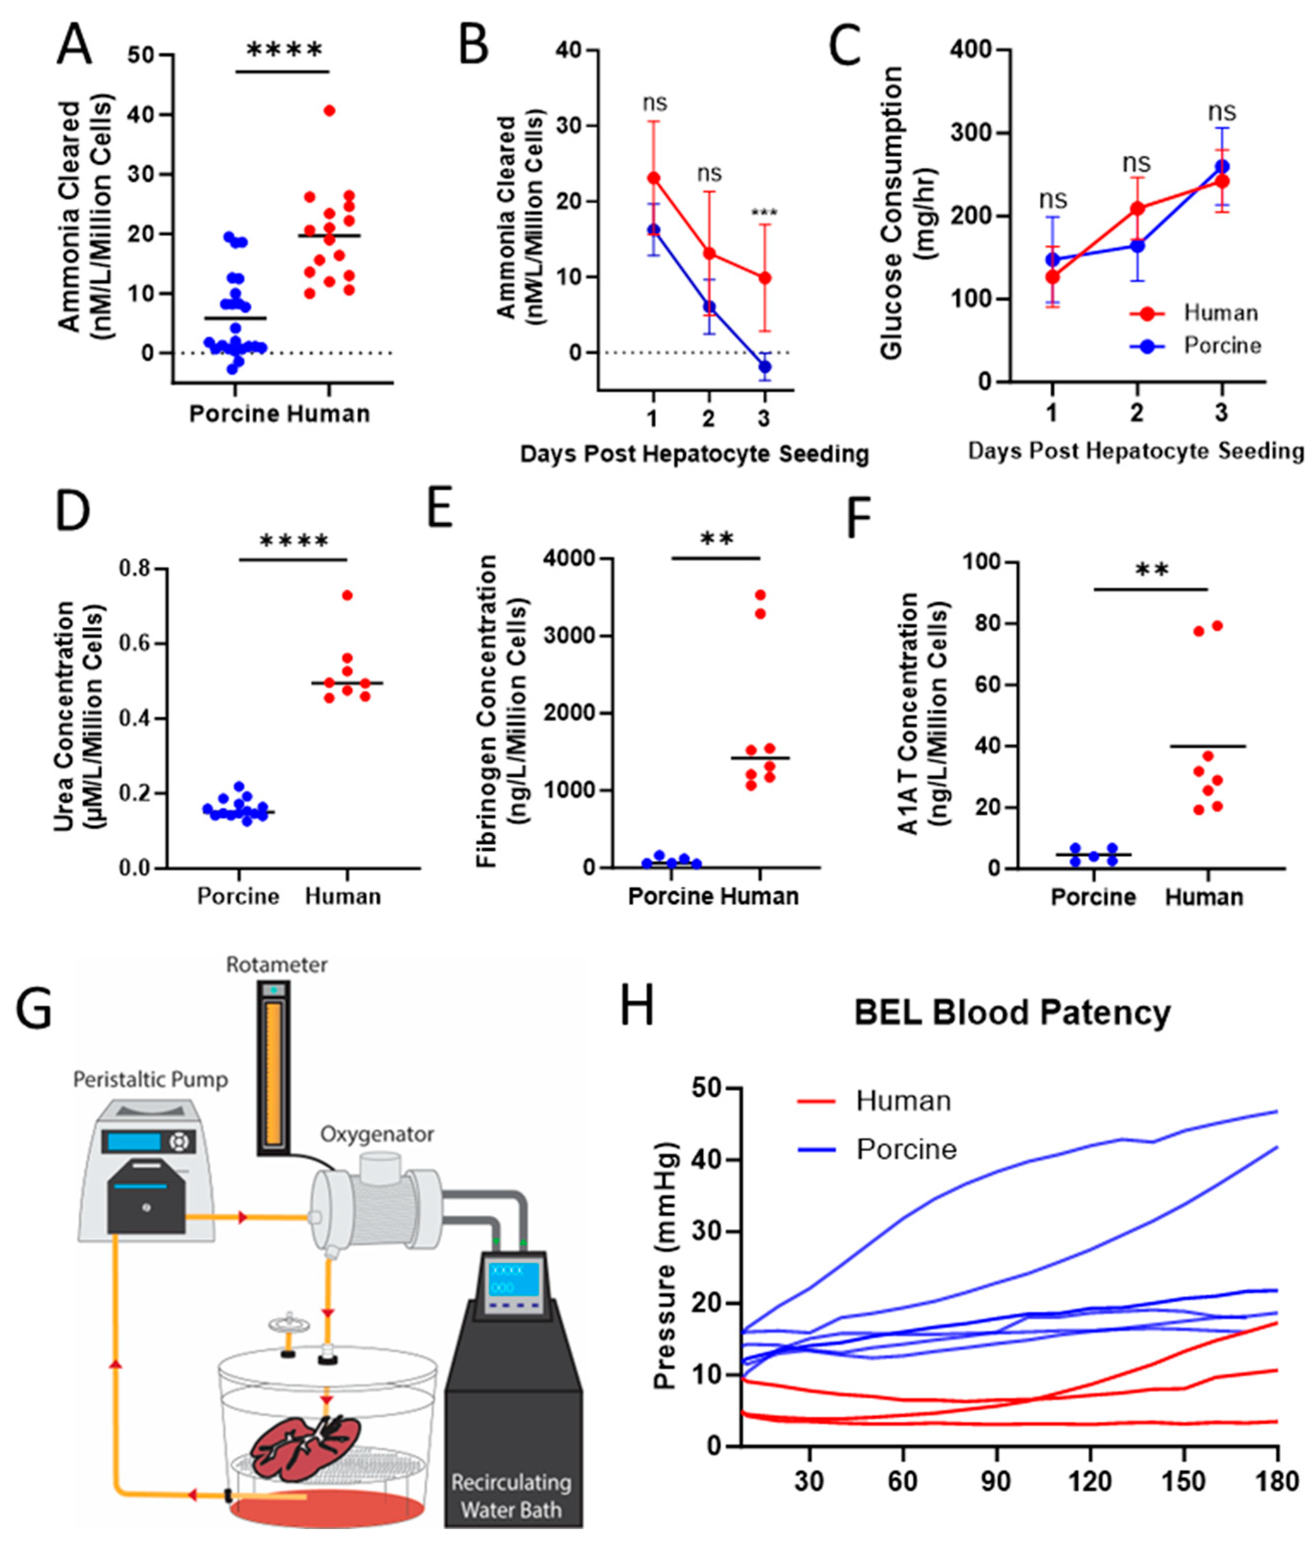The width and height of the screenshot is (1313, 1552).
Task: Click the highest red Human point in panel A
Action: pyautogui.click(x=330, y=111)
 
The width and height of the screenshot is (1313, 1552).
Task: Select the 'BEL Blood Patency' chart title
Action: pyautogui.click(x=1012, y=1012)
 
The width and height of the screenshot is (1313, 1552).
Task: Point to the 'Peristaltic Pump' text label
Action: pyautogui.click(x=150, y=1079)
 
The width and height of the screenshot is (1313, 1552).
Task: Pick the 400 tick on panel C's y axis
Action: pyautogui.click(x=972, y=50)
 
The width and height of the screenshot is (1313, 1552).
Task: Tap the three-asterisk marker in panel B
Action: pyautogui.click(x=765, y=214)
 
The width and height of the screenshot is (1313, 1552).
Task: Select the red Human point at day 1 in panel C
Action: pyautogui.click(x=1052, y=277)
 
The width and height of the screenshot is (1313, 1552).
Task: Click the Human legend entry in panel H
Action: pyautogui.click(x=903, y=1101)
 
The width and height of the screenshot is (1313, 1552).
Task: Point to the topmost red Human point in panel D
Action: pyautogui.click(x=347, y=595)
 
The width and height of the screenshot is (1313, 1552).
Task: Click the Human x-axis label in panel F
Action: pyautogui.click(x=1204, y=897)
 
